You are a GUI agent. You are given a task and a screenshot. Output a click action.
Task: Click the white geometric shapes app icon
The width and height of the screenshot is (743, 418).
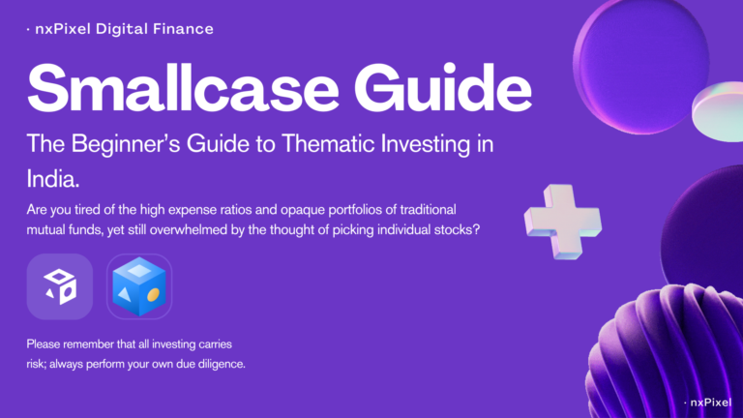coord(59,286)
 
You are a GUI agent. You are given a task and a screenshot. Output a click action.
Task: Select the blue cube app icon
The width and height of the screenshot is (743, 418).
coord(139,286)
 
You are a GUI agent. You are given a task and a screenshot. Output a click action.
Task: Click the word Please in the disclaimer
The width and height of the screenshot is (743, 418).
coord(44,344)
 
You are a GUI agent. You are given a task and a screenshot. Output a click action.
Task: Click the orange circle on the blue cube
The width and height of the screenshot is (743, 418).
coord(153,293)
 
